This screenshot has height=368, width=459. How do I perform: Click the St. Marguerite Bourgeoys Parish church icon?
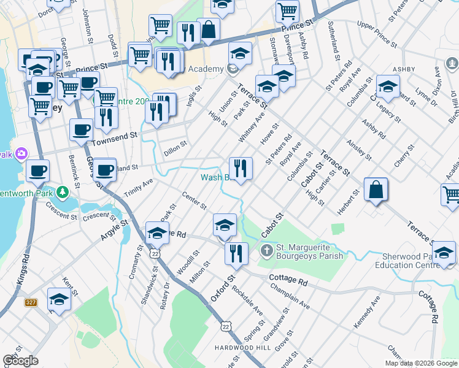pos(266,250)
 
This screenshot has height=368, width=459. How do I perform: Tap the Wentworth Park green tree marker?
pos(62,193)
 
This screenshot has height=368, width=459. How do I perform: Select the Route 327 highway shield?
pos(31,302)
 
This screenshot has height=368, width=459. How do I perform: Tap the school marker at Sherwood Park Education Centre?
pos(444,254)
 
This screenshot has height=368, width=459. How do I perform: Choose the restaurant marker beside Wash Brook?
pos(241,168)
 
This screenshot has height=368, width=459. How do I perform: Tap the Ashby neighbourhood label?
pos(404,70)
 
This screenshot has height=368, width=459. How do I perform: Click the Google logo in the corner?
pos(20,361)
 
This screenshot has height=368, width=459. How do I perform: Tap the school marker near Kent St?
pos(59,301)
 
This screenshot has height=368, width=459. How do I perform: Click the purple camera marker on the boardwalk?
pos(21,153)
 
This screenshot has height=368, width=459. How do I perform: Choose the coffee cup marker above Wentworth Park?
pos(37,171)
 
